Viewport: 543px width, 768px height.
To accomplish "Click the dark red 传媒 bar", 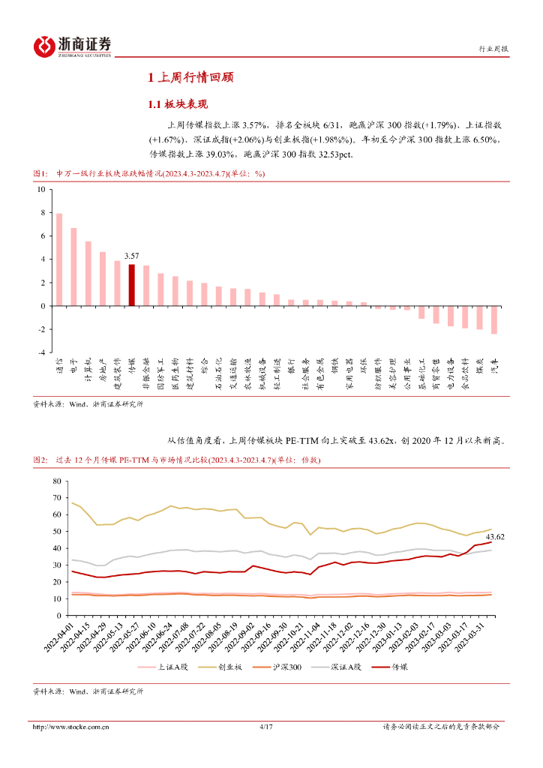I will (x=131, y=285).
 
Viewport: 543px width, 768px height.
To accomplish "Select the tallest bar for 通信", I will (x=59, y=259).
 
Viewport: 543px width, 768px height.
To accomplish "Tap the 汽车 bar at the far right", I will (x=494, y=319).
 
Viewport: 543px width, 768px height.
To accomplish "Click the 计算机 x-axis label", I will (x=88, y=370).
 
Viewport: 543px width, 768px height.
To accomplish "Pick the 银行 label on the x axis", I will (x=291, y=367).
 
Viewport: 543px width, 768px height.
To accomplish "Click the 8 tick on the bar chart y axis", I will (x=43, y=213).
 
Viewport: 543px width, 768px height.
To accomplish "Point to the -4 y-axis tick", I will (x=41, y=352).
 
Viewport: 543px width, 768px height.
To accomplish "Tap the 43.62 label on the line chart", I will (x=494, y=536).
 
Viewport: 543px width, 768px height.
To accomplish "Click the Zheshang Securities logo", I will (x=72, y=46).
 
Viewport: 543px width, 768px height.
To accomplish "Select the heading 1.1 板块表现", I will (x=177, y=104).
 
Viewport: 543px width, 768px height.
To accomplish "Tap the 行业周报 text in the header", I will (x=493, y=49).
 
